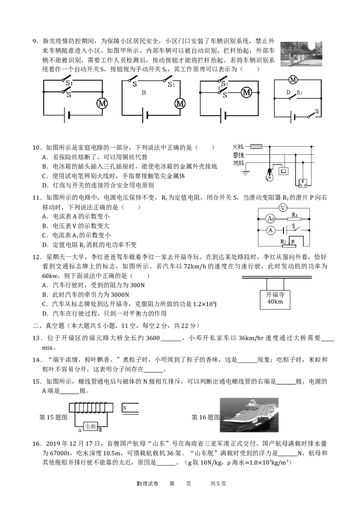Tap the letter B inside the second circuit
tap(144, 93)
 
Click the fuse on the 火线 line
tap(256, 147)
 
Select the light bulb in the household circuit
tap(270, 175)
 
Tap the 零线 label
tap(238, 155)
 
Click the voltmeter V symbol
tap(283, 208)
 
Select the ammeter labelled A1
tap(270, 219)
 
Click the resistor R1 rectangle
tap(294, 219)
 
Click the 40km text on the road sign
tap(275, 302)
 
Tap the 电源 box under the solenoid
tap(90, 426)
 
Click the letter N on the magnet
tap(125, 408)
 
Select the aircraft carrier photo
tap(249, 415)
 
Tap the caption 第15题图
tap(53, 417)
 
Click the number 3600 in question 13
tap(153, 338)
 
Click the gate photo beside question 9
tap(301, 54)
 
